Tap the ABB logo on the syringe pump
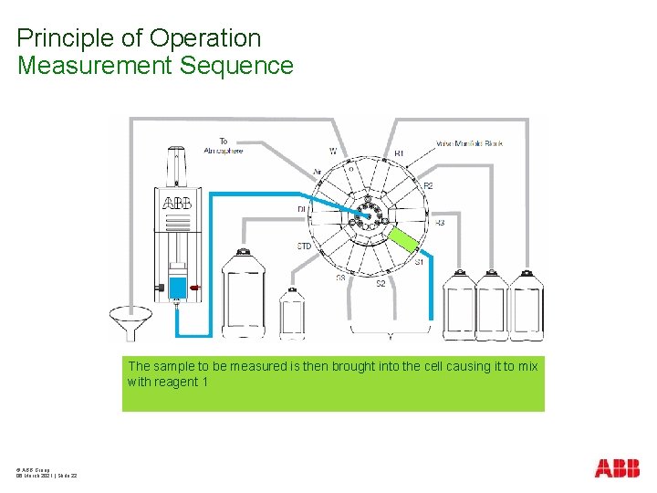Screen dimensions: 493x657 (x=177, y=204)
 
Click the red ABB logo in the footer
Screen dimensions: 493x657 (x=617, y=468)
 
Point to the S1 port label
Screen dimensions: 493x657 (x=420, y=262)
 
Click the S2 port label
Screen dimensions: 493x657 (x=381, y=284)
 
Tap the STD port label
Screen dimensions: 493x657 (x=304, y=246)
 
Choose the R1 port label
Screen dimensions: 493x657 (x=399, y=152)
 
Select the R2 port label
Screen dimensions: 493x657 (x=428, y=185)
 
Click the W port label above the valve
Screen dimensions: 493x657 (x=332, y=151)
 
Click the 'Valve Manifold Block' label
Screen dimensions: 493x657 (x=469, y=143)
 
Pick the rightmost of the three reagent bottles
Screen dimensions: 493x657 (x=527, y=304)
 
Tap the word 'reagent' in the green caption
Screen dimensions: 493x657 (x=178, y=382)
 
